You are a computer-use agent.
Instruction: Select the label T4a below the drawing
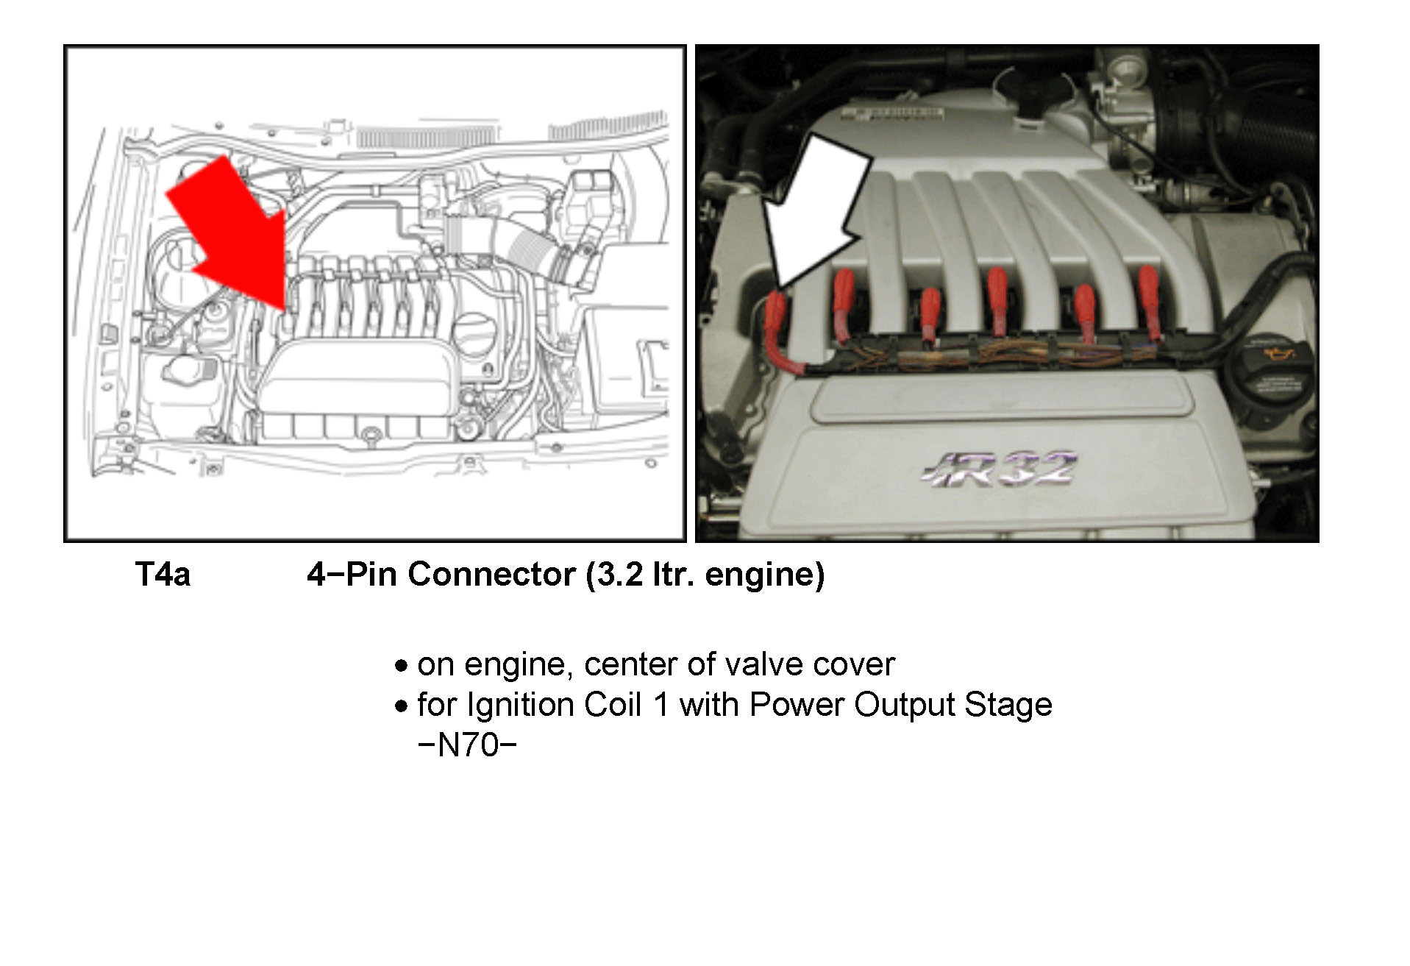(x=163, y=575)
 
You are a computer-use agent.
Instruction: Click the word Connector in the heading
(x=491, y=575)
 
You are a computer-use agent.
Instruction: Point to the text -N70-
(x=467, y=745)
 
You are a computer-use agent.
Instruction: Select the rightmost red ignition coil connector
(x=1149, y=302)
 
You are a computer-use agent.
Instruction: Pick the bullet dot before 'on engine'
(x=401, y=667)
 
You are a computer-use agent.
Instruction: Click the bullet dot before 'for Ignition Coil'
(x=401, y=707)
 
